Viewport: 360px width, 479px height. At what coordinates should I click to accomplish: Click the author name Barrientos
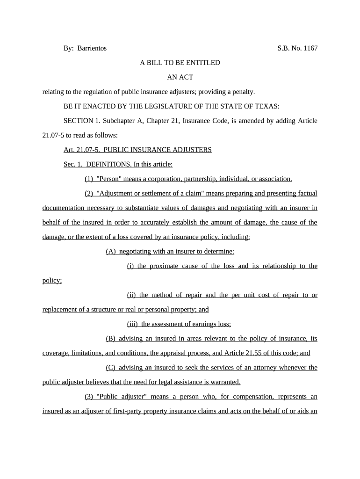coord(92,48)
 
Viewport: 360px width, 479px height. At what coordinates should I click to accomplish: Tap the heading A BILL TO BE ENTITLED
coord(180,63)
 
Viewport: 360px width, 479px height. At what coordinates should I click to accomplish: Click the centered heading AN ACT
coord(180,77)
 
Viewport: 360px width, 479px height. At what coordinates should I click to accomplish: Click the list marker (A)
coord(111,251)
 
